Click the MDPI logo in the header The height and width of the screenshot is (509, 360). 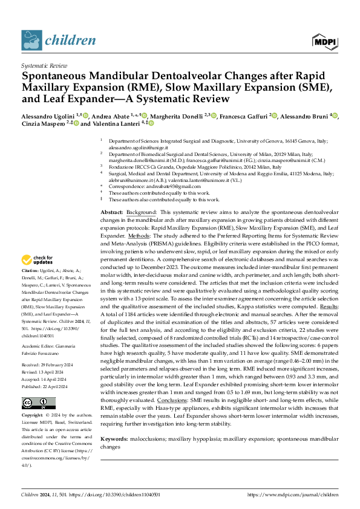click(x=325, y=41)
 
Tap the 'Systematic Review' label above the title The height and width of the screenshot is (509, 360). click(x=44, y=64)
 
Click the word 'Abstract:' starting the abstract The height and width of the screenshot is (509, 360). click(x=112, y=213)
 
